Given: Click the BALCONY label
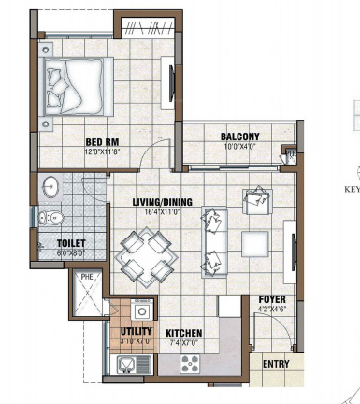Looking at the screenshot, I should pyautogui.click(x=240, y=137).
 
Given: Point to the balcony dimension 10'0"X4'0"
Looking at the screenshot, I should pyautogui.click(x=240, y=146).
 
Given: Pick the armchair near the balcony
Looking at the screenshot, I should pyautogui.click(x=254, y=199).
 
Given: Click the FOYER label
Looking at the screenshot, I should pyautogui.click(x=271, y=300).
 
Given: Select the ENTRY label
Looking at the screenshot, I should pyautogui.click(x=275, y=364).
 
